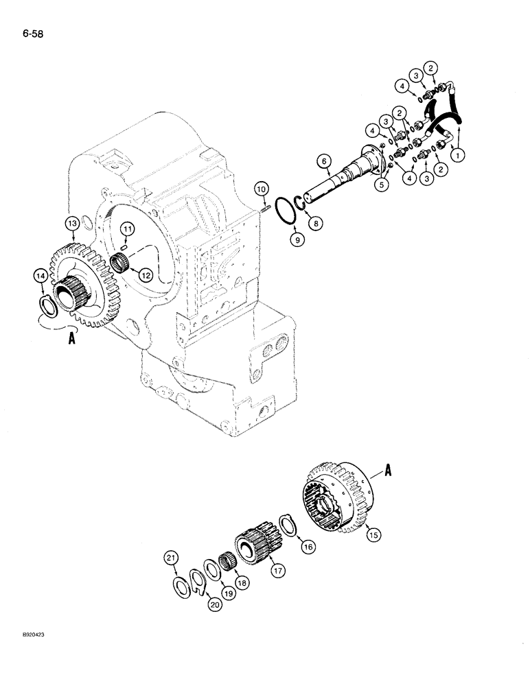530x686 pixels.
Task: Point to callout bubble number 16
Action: pos(307,546)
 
